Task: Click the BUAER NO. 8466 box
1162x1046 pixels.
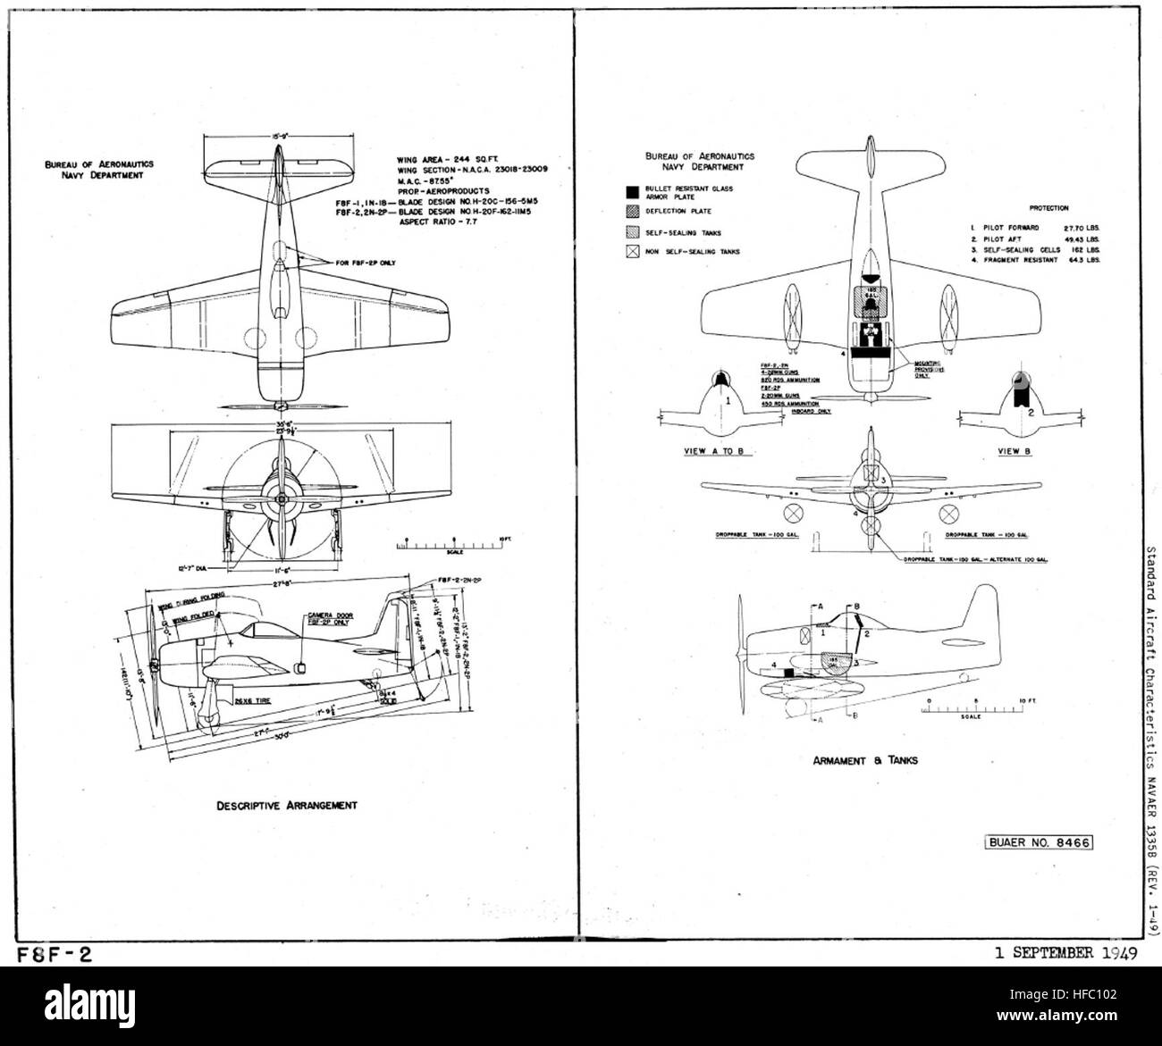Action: (x=1039, y=841)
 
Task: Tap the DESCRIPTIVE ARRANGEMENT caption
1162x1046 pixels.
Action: (x=287, y=805)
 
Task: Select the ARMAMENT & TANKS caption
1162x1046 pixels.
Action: (x=865, y=761)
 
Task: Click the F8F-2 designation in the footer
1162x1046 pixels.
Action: (x=54, y=953)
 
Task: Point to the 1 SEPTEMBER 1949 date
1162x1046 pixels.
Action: (x=1065, y=952)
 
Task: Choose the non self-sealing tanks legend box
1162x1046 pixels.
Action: (x=632, y=252)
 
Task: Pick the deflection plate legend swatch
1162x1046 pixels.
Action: (x=632, y=212)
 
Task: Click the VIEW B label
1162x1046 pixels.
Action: (x=1014, y=451)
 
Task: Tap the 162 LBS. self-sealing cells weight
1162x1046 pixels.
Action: (x=1085, y=250)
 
